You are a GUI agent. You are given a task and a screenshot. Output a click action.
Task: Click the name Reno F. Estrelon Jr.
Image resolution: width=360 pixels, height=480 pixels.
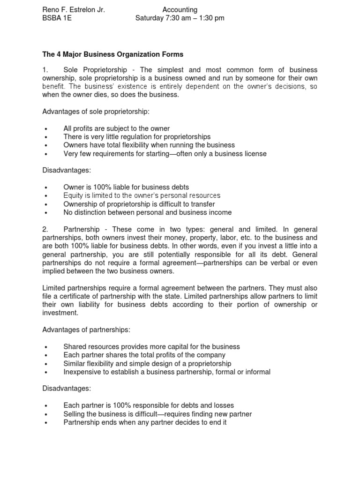74,10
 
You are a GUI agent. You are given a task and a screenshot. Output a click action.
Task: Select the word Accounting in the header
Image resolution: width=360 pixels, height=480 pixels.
180,10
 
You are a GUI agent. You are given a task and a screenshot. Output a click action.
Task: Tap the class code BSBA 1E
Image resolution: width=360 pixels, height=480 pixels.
57,18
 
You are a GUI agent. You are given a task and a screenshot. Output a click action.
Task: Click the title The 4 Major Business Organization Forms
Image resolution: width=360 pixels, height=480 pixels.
113,54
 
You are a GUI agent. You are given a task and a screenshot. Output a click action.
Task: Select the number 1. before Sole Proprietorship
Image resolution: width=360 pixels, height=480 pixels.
45,70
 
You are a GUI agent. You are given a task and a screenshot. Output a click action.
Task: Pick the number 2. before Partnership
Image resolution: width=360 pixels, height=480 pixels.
45,229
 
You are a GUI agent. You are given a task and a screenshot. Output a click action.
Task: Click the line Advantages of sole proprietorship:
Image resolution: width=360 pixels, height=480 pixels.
96,112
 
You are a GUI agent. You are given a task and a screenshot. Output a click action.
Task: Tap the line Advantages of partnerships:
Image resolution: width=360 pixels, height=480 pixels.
86,330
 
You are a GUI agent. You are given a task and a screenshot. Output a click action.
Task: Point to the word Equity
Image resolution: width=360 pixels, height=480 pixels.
73,195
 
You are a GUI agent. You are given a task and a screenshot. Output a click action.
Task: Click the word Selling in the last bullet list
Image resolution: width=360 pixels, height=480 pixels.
75,414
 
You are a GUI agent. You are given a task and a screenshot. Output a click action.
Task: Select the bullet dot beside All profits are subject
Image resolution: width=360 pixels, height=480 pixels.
46,129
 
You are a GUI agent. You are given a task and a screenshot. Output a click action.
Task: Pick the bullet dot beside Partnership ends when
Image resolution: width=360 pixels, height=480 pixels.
46,423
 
